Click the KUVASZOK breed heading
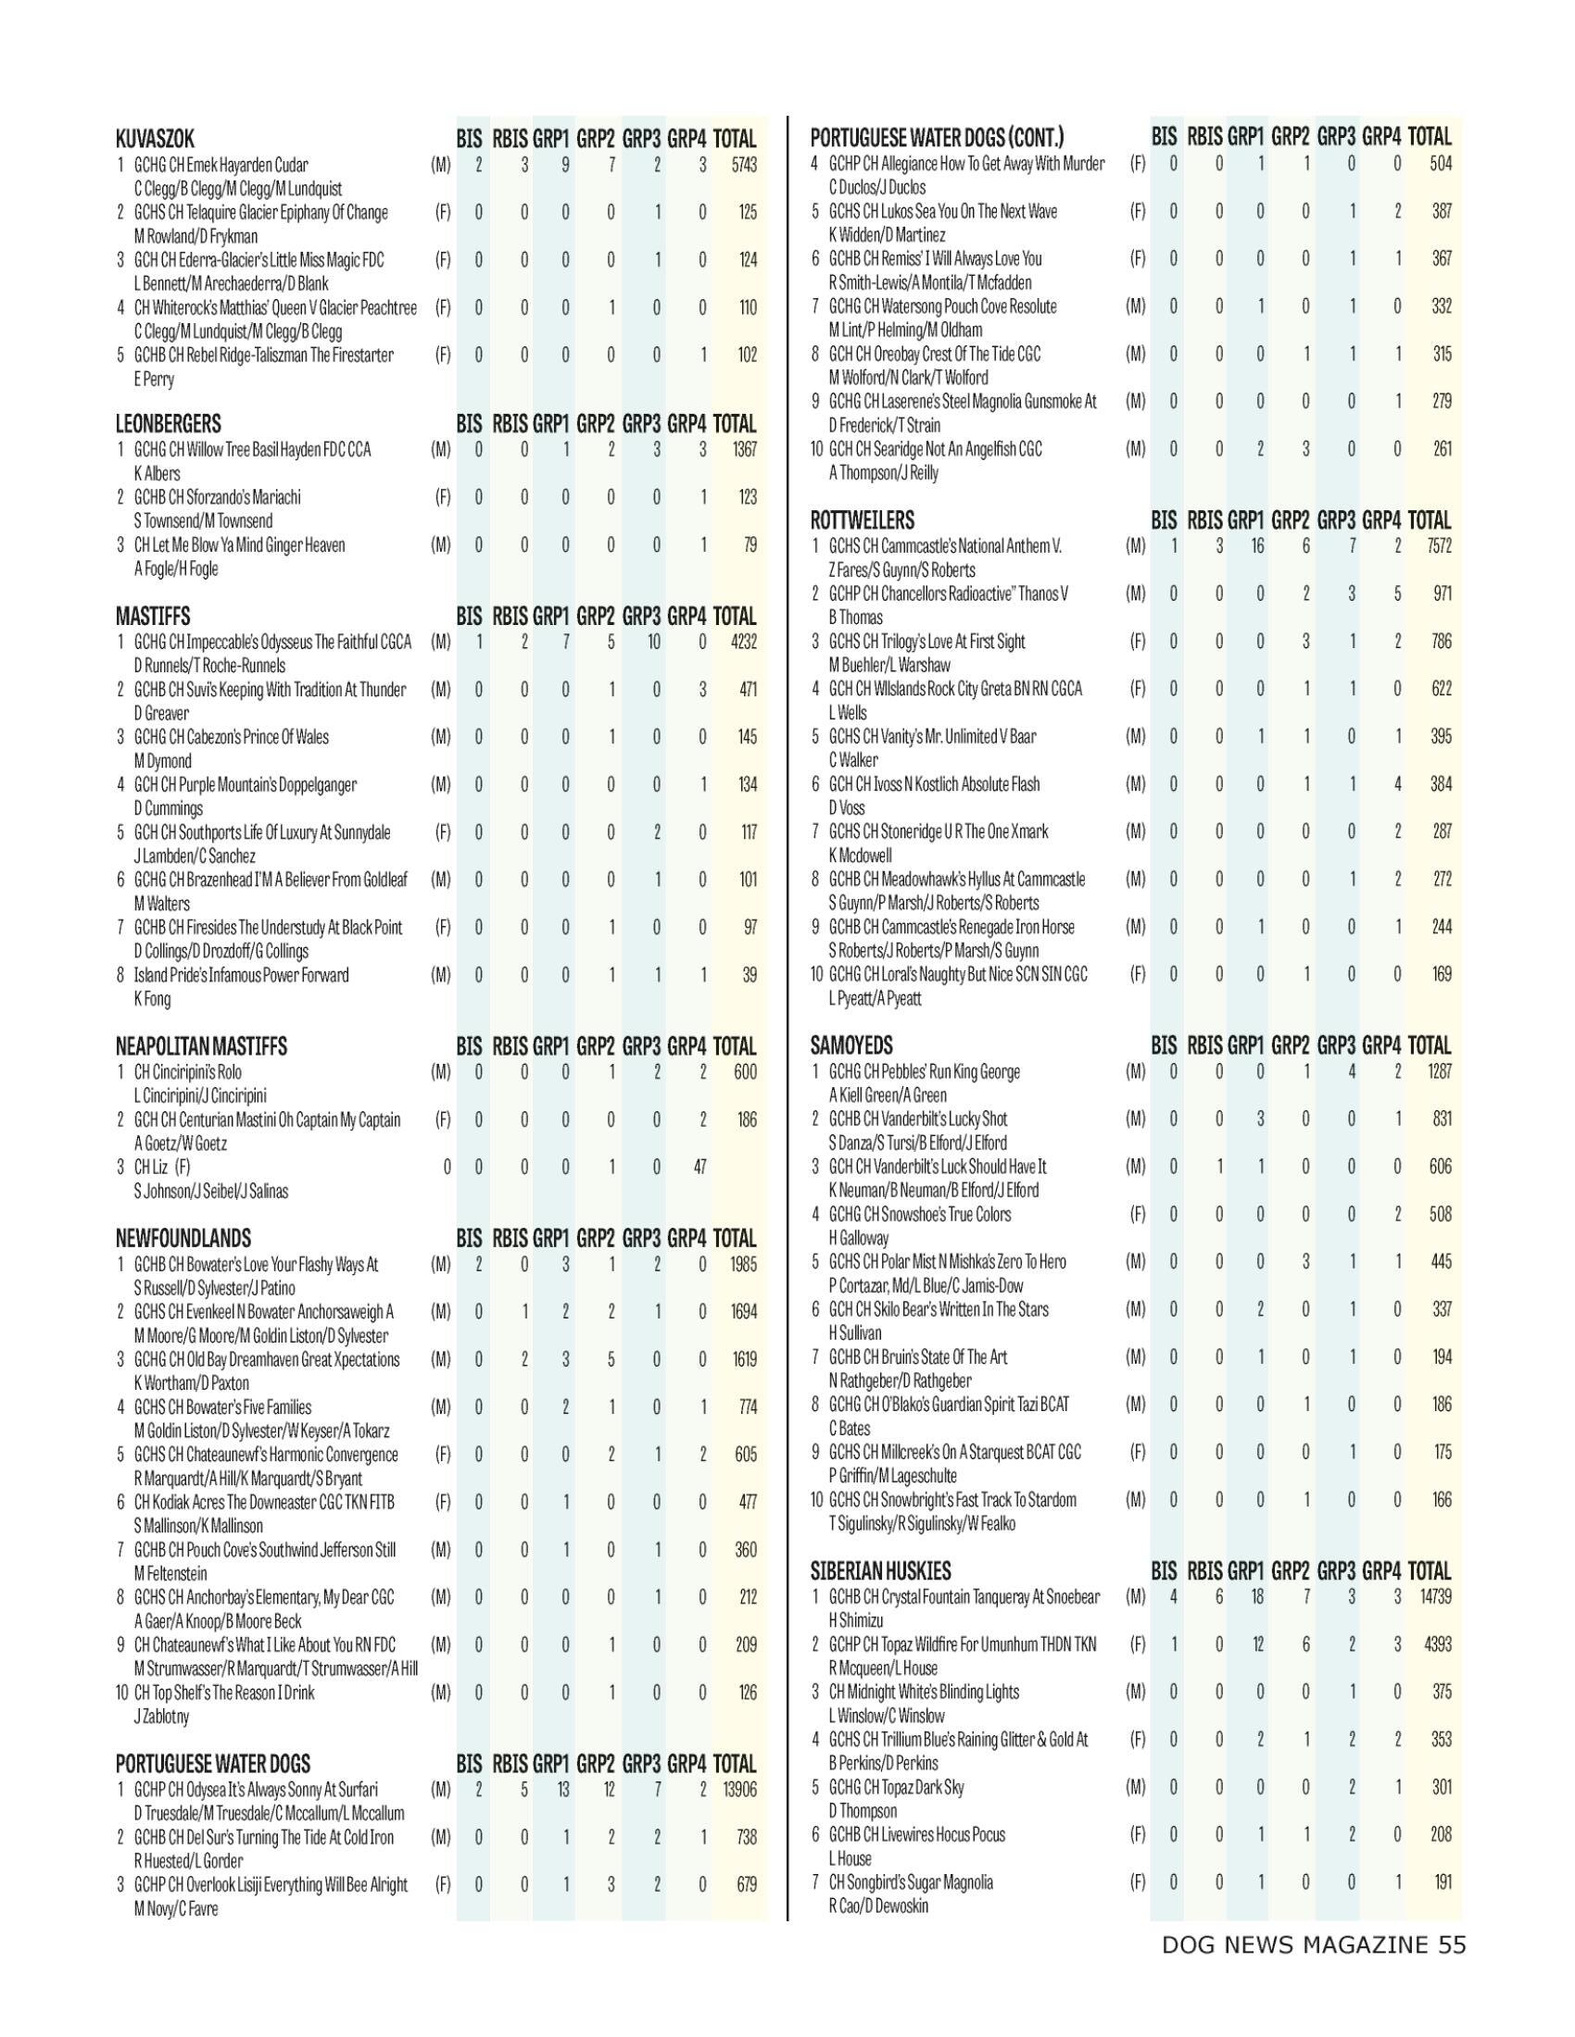pyautogui.click(x=155, y=140)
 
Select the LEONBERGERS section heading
pyautogui.click(x=168, y=424)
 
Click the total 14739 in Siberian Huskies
pyautogui.click(x=1433, y=1597)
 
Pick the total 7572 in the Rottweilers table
pyautogui.click(x=1439, y=545)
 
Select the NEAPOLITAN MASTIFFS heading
pyautogui.click(x=201, y=1046)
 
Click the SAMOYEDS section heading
pyautogui.click(x=850, y=1045)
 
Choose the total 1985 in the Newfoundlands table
pyautogui.click(x=744, y=1265)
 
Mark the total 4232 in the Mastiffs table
pyautogui.click(x=744, y=642)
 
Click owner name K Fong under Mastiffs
pyautogui.click(x=152, y=999)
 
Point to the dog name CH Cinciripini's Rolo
pyautogui.click(x=187, y=1072)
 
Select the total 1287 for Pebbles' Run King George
pyautogui.click(x=1439, y=1071)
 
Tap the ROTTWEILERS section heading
pyautogui.click(x=863, y=520)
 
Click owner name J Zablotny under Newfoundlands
pyautogui.click(x=161, y=1716)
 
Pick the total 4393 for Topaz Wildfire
pyautogui.click(x=1439, y=1644)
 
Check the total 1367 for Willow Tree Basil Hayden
pyautogui.click(x=744, y=450)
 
